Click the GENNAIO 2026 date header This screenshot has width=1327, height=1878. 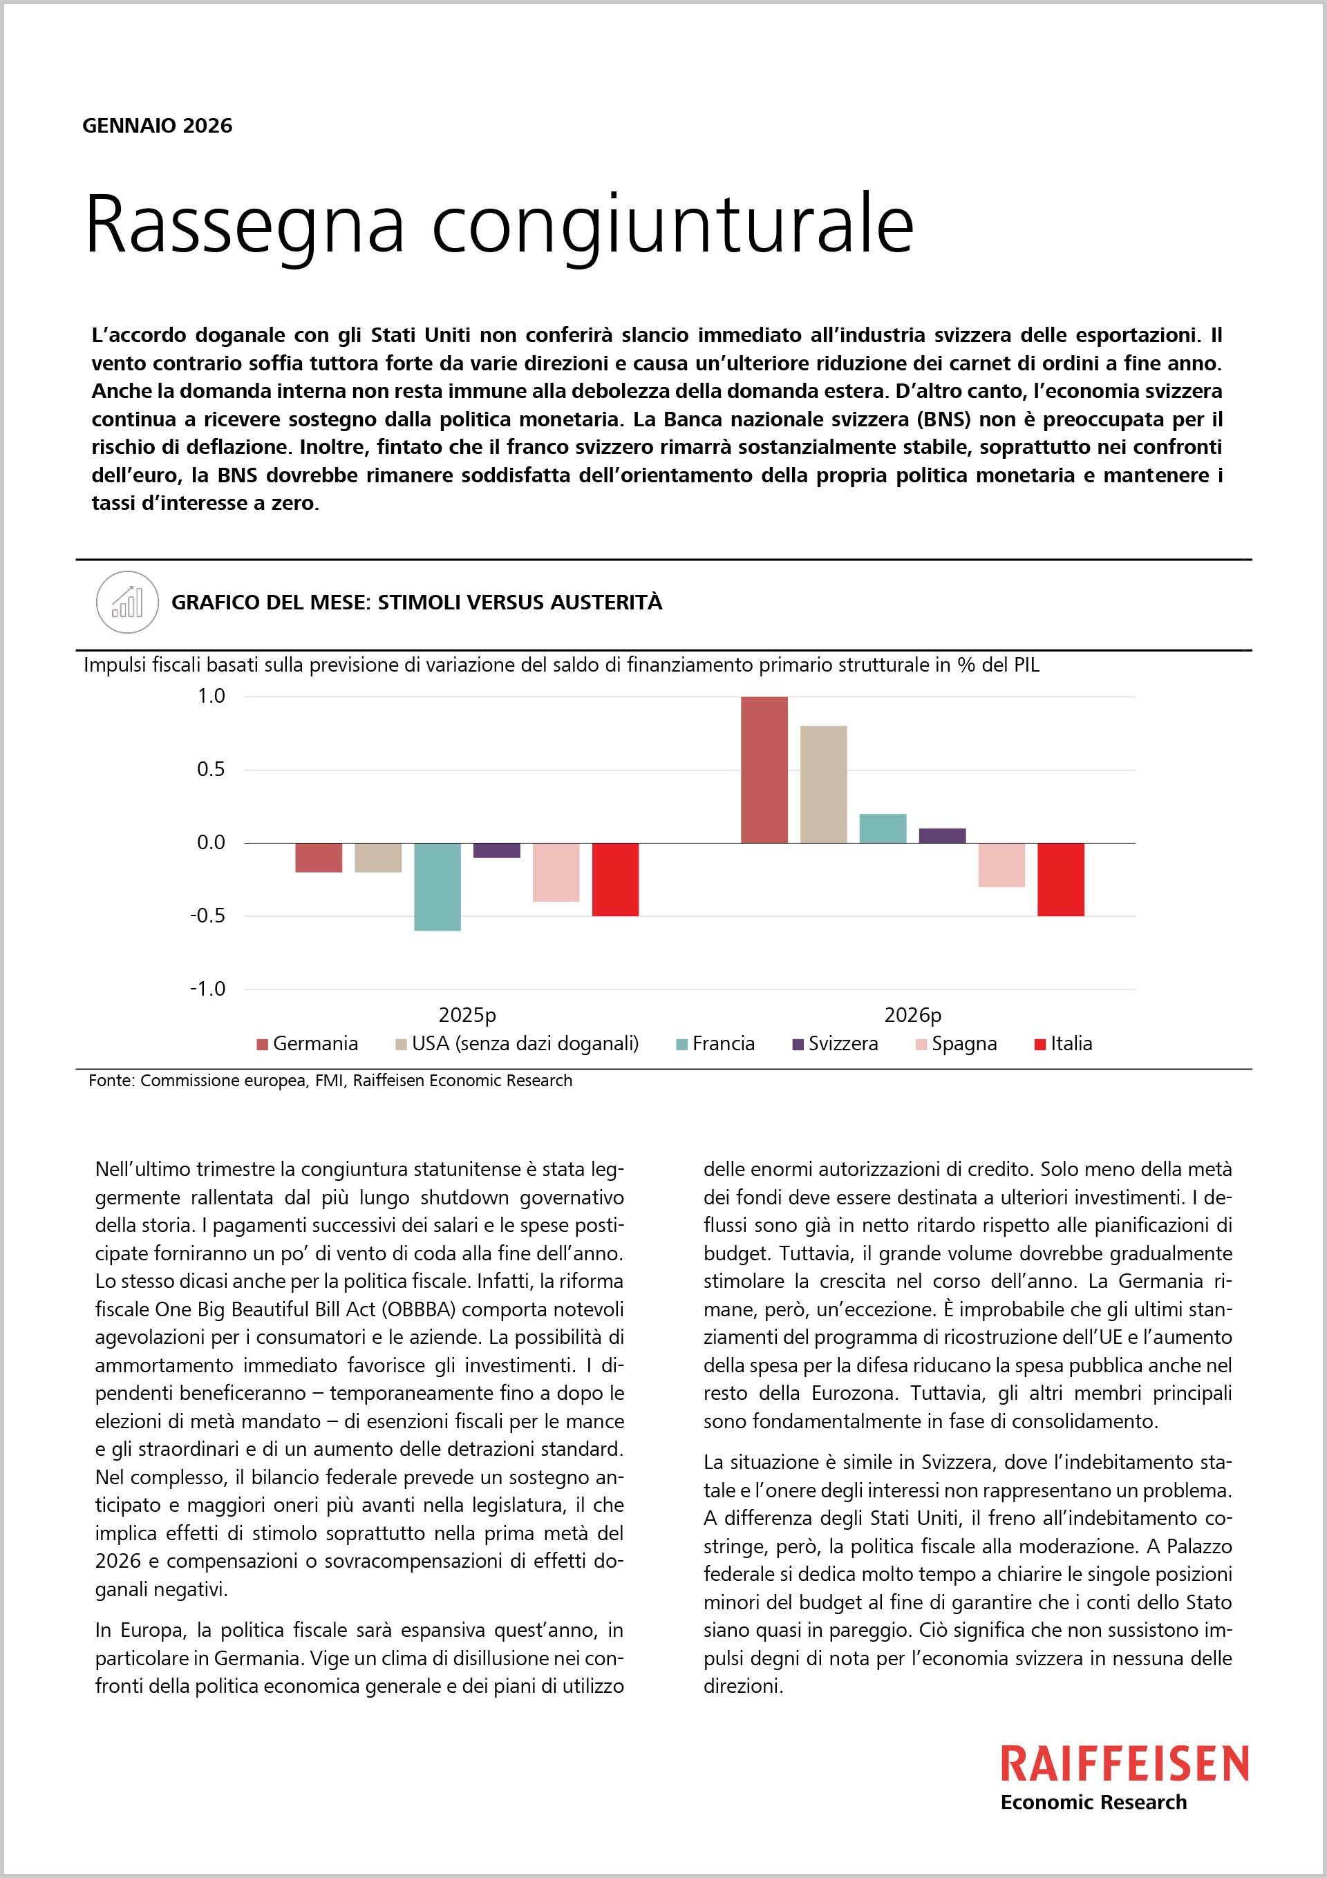click(157, 126)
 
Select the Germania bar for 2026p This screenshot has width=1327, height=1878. click(764, 770)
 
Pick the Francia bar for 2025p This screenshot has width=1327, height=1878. click(437, 886)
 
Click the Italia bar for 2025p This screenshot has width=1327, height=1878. click(615, 880)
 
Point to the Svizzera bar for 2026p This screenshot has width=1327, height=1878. click(941, 835)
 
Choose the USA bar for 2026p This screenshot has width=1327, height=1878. click(823, 784)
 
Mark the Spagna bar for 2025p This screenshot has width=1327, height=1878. click(556, 872)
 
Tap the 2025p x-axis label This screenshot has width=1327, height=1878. click(467, 1015)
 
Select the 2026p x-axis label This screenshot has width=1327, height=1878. click(912, 1015)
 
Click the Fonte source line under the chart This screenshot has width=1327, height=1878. click(330, 1081)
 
